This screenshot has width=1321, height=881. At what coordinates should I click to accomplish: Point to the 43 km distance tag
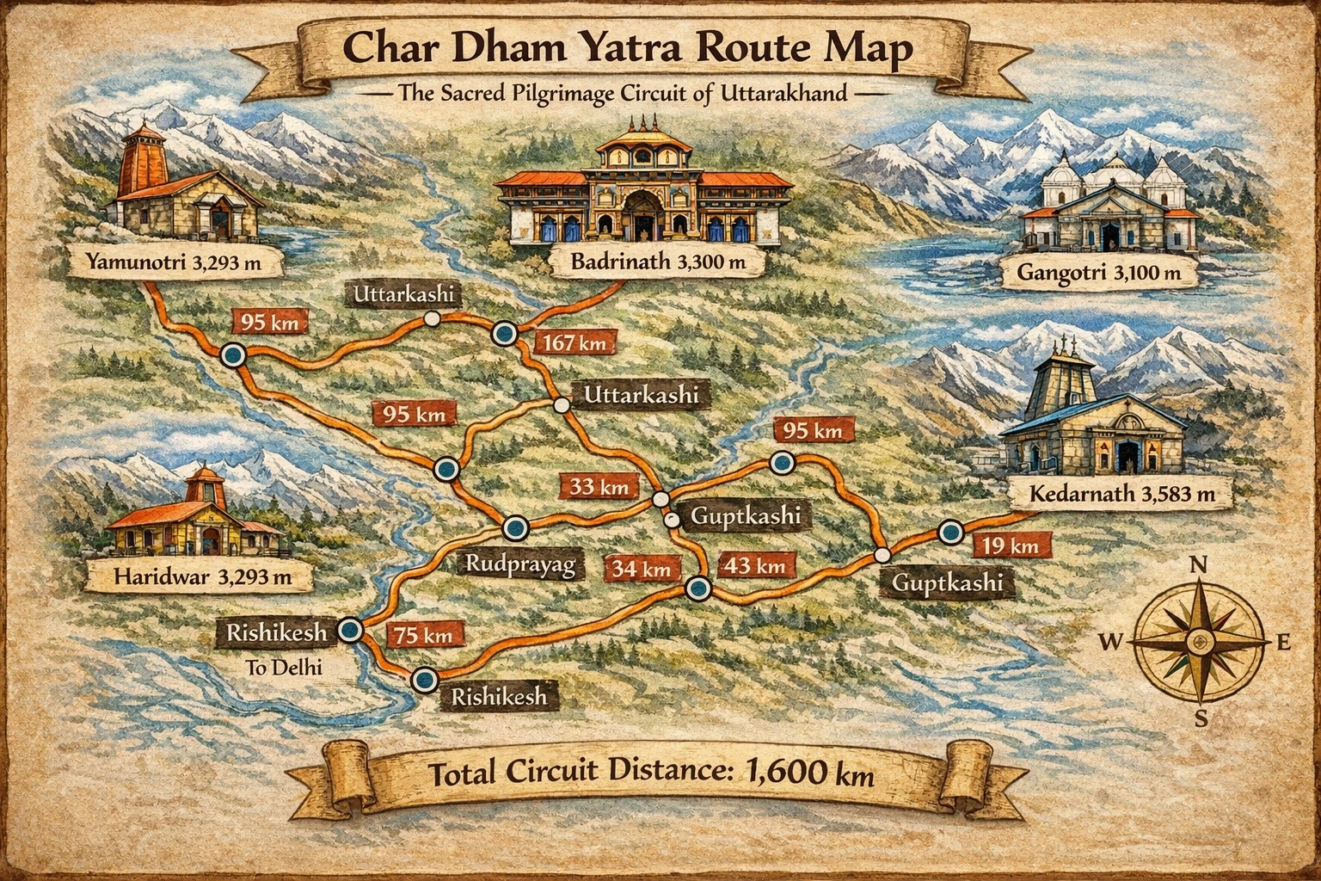pos(755,565)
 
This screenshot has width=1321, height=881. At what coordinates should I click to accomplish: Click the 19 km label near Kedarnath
pos(1011,545)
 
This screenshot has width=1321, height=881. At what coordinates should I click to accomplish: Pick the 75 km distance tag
pos(423,636)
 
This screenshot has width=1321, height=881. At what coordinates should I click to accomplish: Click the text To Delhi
pos(284,666)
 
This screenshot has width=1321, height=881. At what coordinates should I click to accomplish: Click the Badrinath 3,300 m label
pos(658,262)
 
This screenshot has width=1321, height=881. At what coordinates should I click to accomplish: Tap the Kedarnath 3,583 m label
pos(1121,495)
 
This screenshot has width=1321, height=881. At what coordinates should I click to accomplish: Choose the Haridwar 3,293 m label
pos(201,576)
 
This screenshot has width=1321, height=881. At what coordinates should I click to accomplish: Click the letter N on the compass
pos(1198,565)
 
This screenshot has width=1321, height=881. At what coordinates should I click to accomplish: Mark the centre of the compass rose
pos(1198,641)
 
